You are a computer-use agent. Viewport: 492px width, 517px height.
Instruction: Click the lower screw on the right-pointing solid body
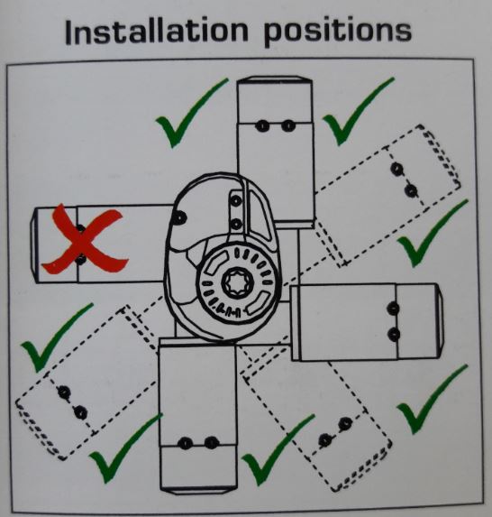click(x=393, y=334)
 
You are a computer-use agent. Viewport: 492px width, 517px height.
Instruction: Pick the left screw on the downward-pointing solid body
click(x=185, y=442)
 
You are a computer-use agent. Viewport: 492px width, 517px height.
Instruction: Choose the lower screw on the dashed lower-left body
click(x=80, y=412)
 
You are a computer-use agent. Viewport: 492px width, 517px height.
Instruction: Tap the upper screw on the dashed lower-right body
click(x=346, y=420)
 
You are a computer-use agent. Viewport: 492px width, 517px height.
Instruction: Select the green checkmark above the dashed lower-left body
click(x=56, y=337)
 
